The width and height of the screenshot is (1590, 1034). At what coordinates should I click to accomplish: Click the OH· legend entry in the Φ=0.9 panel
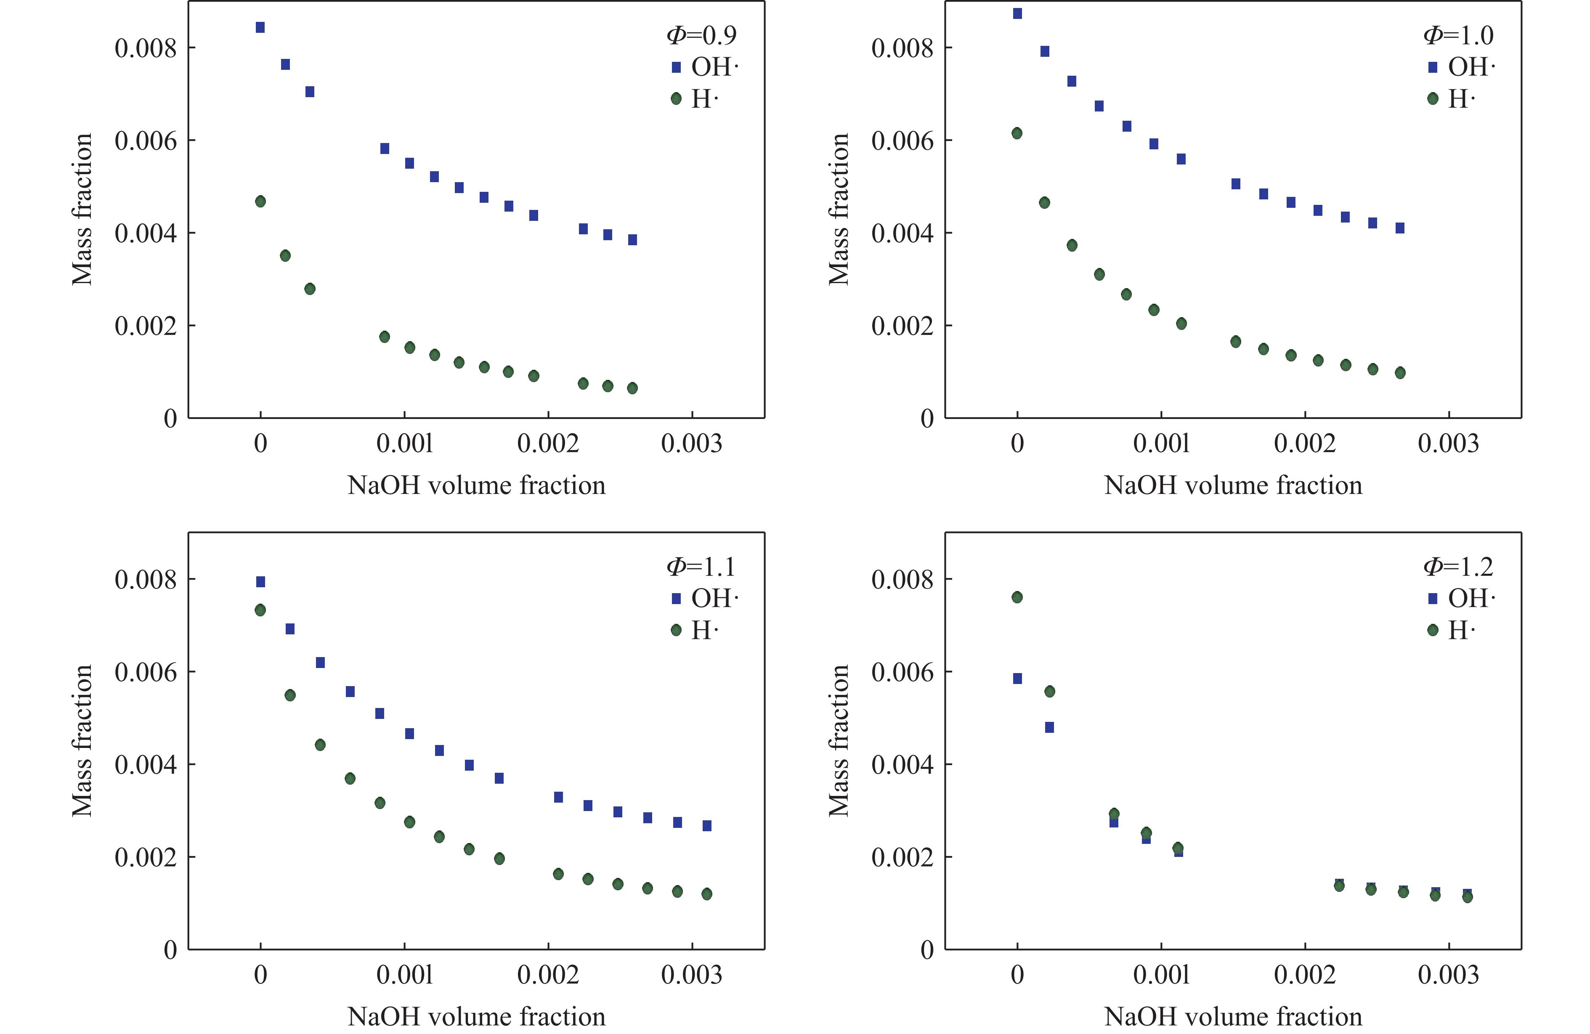coord(705,67)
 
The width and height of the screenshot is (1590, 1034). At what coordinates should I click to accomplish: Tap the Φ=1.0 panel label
coord(1458,35)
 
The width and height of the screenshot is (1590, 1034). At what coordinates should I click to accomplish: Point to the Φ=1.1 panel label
coord(701,567)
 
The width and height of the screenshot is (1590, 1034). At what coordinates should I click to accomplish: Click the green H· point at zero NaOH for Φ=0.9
coord(260,201)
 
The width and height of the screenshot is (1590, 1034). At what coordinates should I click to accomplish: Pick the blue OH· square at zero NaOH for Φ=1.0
coord(1017,13)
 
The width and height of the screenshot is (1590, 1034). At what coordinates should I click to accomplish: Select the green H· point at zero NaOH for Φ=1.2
coord(1017,597)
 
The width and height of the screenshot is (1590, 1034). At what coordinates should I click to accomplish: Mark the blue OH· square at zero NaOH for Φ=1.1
coord(260,582)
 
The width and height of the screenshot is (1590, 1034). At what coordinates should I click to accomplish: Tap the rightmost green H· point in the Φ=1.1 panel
coord(707,894)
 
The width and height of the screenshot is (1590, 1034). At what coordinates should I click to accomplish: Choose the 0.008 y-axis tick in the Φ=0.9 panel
coord(146,48)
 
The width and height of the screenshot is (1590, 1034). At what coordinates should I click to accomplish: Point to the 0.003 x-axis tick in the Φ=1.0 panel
coord(1448,443)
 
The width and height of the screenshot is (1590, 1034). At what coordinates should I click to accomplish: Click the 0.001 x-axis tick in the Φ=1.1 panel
coord(404,975)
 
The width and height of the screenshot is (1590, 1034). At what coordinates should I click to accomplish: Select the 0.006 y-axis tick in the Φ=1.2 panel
coord(903,672)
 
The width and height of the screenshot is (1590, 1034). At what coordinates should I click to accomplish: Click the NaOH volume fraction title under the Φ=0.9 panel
coord(476,485)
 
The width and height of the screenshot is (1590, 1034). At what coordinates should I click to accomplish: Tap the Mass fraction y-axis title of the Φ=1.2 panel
coord(839,740)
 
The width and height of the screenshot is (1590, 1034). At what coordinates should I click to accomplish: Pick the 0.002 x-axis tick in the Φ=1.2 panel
coord(1305,975)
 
